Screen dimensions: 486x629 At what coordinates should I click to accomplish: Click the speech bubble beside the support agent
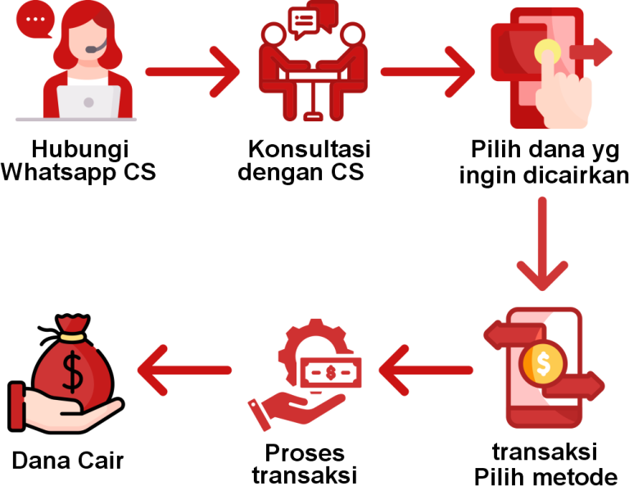[35, 19]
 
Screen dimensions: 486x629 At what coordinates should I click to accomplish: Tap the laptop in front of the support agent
[88, 102]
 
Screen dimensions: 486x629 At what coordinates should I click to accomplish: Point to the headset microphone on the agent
[91, 51]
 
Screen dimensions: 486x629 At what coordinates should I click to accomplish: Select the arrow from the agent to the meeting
[192, 71]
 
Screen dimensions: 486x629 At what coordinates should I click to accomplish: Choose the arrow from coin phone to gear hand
[426, 370]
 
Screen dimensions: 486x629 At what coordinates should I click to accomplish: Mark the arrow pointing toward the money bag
[184, 370]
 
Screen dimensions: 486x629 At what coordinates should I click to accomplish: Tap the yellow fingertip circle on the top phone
[547, 52]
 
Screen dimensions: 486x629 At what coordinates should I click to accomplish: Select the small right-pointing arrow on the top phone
[591, 52]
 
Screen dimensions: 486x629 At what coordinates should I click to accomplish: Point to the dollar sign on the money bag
[73, 371]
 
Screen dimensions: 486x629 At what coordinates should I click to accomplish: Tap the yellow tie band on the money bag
[71, 335]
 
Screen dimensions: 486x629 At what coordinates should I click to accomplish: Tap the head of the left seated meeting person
[274, 34]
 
